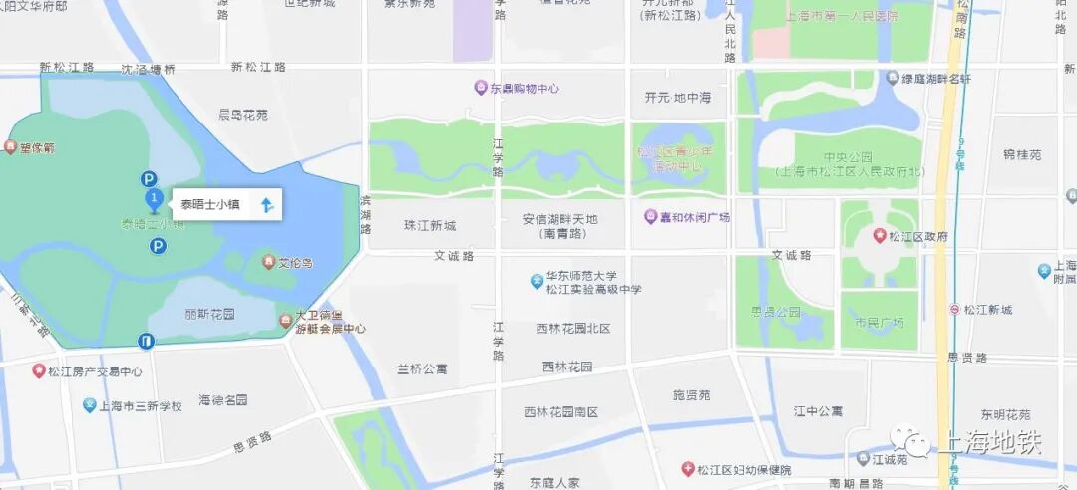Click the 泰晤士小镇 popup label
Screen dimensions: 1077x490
click(x=210, y=205)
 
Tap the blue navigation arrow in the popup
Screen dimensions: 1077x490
click(x=266, y=205)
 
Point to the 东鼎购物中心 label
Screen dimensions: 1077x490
click(x=524, y=88)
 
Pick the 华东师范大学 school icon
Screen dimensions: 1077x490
click(x=537, y=282)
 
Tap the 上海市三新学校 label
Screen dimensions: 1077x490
click(x=139, y=406)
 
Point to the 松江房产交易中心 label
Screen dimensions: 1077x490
click(x=95, y=371)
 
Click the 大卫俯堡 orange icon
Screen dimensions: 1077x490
click(x=287, y=321)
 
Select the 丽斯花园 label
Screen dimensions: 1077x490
click(x=209, y=314)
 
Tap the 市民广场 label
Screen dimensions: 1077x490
click(x=879, y=323)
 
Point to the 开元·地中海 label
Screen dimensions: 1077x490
click(x=678, y=98)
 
